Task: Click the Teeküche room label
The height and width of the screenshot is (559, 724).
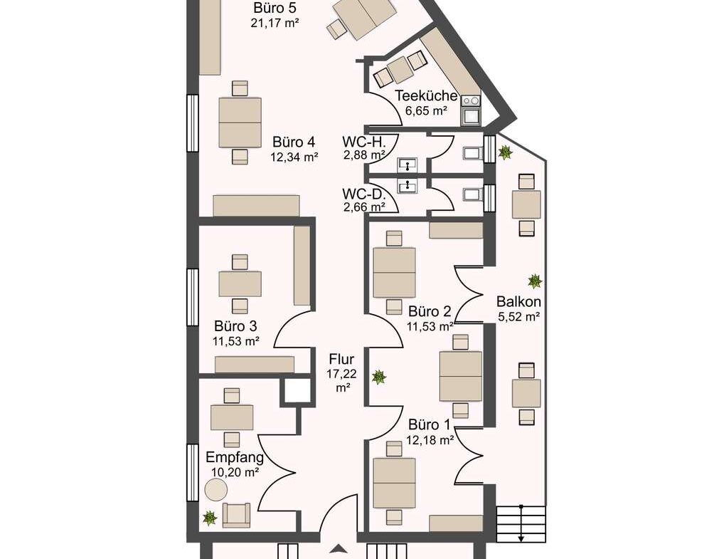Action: [426, 95]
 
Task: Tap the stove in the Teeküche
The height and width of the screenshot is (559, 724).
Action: [471, 101]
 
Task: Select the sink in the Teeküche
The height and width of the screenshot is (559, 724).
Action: [471, 115]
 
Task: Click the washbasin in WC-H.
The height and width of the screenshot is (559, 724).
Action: [408, 164]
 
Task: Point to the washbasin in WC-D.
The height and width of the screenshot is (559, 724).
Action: [408, 186]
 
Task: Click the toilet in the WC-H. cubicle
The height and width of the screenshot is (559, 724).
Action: [473, 153]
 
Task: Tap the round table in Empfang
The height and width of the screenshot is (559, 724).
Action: [215, 489]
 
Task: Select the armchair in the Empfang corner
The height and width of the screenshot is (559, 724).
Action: [236, 515]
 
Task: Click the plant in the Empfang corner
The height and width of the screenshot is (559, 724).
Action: [210, 518]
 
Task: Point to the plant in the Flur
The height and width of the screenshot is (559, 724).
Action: [379, 377]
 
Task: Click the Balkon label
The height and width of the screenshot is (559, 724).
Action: [518, 302]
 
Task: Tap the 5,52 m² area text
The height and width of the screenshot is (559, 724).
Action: [519, 317]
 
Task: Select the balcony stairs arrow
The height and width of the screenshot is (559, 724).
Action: [521, 523]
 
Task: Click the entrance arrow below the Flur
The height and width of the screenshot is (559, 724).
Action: [339, 549]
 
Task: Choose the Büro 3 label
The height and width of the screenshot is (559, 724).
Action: [235, 326]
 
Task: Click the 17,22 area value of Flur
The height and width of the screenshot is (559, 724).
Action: [341, 374]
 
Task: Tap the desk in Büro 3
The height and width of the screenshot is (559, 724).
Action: [240, 284]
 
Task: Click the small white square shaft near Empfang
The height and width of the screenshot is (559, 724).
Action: [297, 390]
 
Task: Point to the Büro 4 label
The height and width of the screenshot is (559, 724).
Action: [294, 142]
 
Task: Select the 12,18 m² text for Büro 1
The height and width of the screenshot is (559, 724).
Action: [430, 439]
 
